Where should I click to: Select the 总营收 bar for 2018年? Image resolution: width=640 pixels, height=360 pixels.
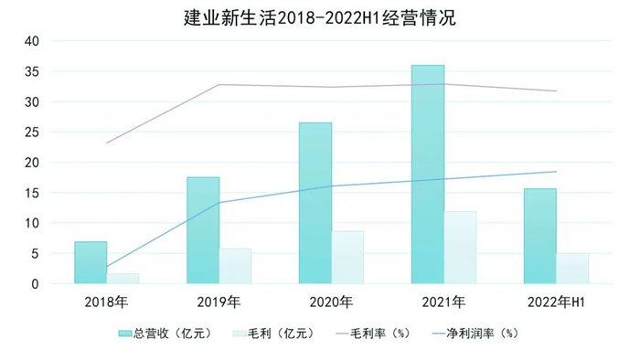[91, 262]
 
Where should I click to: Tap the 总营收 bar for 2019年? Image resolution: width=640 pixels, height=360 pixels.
[203, 230]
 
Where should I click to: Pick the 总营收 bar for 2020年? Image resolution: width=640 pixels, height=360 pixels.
[315, 203]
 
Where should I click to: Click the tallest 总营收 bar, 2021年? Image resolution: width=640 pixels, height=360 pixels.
[428, 174]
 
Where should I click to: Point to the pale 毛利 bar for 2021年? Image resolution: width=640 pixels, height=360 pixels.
[460, 248]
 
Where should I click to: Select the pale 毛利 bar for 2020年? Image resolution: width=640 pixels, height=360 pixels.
[347, 257]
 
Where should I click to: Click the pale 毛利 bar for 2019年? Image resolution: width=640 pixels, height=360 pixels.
[235, 266]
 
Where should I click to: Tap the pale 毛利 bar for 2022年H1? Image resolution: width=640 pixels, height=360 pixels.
[572, 269]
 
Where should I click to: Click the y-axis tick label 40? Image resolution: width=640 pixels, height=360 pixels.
[31, 41]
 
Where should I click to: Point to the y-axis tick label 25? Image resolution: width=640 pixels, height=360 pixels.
[31, 132]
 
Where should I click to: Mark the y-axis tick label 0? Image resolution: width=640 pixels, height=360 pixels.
[35, 284]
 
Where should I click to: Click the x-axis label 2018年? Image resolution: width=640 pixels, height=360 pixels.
[106, 302]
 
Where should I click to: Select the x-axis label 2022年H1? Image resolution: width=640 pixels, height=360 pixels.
[556, 302]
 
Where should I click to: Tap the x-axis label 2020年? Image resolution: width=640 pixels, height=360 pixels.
[331, 302]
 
